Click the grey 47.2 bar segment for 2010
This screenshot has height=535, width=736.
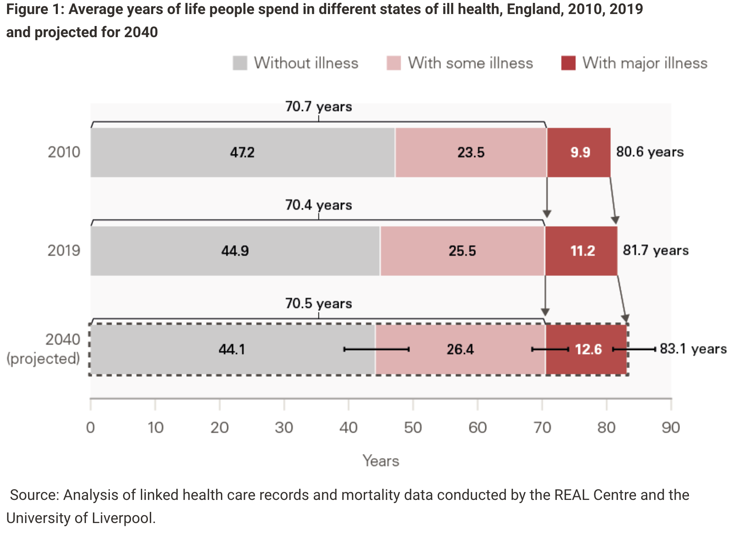(x=242, y=152)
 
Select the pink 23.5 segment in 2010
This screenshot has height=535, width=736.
(x=471, y=152)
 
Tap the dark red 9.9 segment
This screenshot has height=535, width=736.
(x=579, y=152)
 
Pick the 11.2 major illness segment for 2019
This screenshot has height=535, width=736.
(x=582, y=251)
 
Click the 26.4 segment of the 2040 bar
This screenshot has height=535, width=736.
(x=460, y=349)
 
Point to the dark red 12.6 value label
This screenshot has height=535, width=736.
(x=588, y=349)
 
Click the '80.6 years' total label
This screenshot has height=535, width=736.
(x=650, y=152)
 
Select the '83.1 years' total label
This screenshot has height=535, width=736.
(x=693, y=349)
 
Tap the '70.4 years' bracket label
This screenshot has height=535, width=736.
(x=318, y=205)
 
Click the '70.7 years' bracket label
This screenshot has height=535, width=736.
(x=318, y=107)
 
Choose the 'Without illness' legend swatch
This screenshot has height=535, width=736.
(x=240, y=63)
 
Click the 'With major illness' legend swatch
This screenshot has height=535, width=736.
(x=568, y=63)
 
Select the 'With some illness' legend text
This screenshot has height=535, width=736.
(x=470, y=63)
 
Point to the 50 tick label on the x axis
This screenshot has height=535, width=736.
(x=413, y=428)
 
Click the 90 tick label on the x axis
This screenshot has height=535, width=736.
(x=670, y=428)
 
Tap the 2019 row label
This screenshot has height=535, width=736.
(x=64, y=251)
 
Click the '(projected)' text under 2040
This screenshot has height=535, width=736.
(x=43, y=358)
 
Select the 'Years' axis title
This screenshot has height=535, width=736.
(x=381, y=461)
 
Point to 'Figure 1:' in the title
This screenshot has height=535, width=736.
(x=35, y=9)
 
